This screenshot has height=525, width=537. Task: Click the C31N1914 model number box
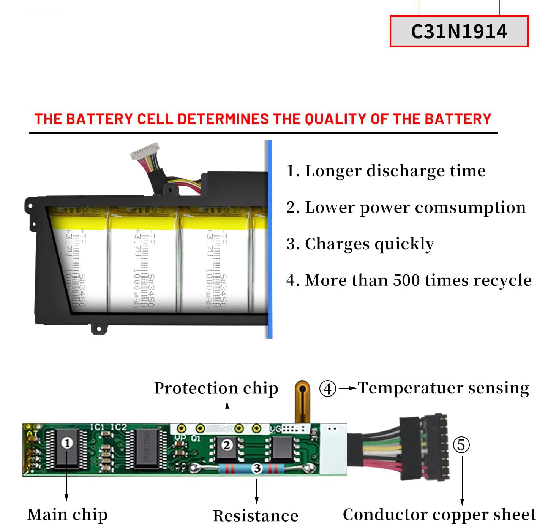point(459,31)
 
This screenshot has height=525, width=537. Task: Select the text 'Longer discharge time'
point(395,171)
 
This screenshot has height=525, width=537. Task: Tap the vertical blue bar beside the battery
point(270,240)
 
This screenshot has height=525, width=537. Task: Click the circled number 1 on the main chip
point(67,443)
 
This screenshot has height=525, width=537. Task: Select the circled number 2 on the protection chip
point(227,444)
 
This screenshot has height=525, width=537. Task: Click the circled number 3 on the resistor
point(257,468)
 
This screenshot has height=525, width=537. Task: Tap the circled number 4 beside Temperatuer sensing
point(327,389)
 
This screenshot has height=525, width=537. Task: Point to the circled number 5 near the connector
point(461,444)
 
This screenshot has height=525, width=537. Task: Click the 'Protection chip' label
point(216,388)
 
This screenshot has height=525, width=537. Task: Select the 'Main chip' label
point(67,514)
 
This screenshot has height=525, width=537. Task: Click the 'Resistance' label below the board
point(255,516)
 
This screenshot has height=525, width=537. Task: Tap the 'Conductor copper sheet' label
point(439,514)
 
